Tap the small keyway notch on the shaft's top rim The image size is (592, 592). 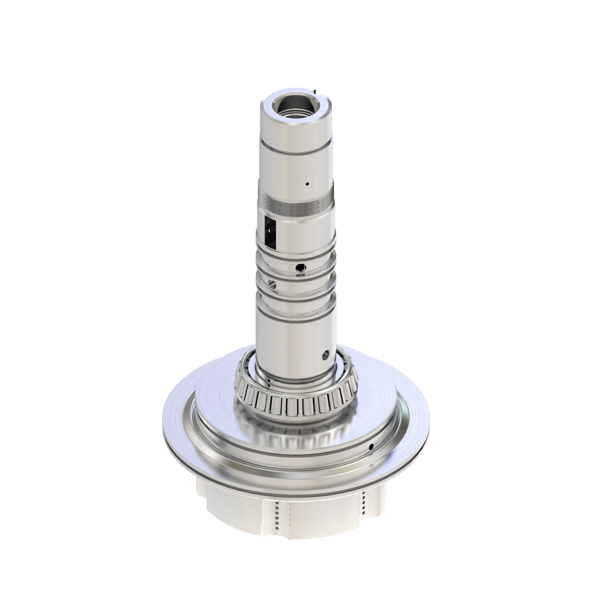(314, 91)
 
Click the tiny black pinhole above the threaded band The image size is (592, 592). (307, 184)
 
